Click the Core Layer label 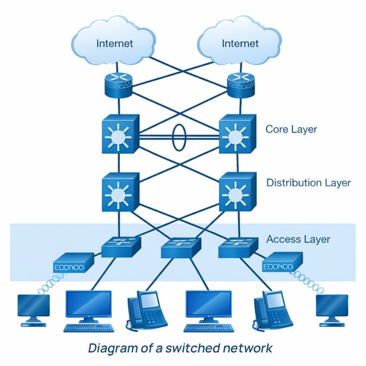coord(292,128)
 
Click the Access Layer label coord(297,239)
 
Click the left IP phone coord(144,312)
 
